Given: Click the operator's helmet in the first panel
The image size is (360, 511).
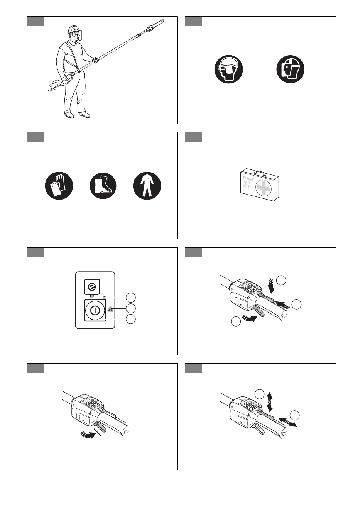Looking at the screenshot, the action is point(74,29).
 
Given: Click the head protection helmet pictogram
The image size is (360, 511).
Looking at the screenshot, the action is point(228,69).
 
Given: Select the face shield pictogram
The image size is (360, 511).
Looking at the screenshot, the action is point(291,69).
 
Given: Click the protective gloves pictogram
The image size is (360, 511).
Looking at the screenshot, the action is point(59,186).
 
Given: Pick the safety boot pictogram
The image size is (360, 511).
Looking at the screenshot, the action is point(103,186).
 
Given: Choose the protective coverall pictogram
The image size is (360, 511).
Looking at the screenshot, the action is point(147,186).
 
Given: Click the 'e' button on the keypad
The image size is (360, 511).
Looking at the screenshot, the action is point(92,286).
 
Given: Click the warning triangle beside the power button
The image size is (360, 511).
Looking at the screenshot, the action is point(110,309).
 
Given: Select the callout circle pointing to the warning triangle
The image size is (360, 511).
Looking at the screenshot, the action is point(131,308).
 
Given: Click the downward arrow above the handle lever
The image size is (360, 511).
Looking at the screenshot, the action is point(271,286).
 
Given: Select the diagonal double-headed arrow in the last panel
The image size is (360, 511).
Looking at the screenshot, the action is point(288,422).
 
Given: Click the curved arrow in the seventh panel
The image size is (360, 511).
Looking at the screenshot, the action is point(88,435).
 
